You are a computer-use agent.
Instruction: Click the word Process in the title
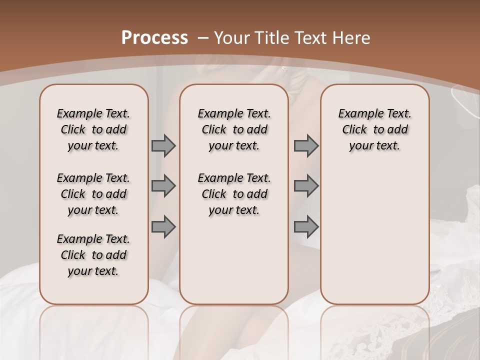(x=154, y=37)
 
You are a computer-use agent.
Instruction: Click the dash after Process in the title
(x=203, y=38)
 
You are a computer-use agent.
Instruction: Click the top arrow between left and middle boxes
(x=163, y=145)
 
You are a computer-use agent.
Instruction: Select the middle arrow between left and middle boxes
(x=163, y=186)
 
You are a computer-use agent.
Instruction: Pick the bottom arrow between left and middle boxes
(x=163, y=226)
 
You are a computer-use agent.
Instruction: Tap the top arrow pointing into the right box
(x=306, y=145)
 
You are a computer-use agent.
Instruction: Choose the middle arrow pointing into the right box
(x=306, y=186)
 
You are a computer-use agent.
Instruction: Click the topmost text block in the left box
(x=93, y=129)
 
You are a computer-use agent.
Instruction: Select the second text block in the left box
(x=93, y=194)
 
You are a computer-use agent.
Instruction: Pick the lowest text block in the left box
(x=93, y=255)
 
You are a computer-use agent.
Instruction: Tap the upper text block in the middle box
(x=234, y=129)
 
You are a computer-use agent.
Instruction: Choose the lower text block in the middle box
(x=234, y=194)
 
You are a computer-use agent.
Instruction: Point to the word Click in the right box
(x=354, y=129)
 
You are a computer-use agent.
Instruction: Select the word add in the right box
(x=397, y=129)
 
